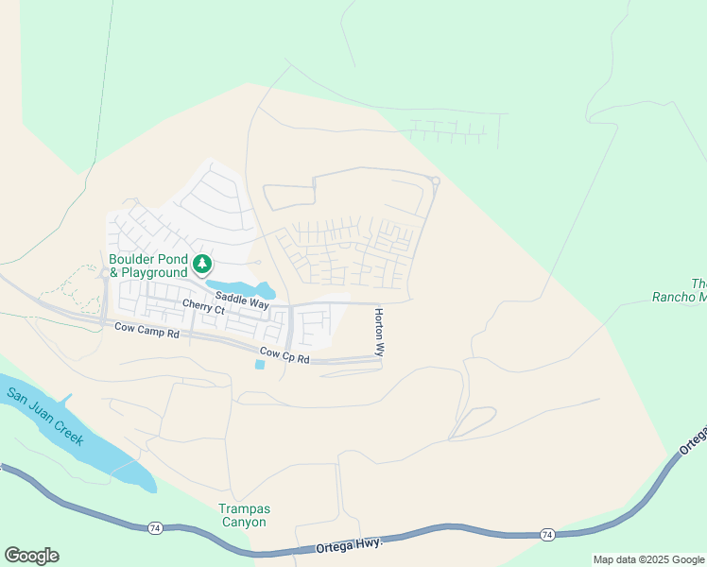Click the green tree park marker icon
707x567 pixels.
pyautogui.click(x=201, y=263)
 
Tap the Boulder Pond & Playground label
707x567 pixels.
pyautogui.click(x=147, y=266)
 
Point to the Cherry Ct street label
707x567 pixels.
pyautogui.click(x=205, y=309)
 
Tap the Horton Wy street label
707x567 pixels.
pyautogui.click(x=379, y=332)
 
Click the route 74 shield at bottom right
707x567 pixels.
pyautogui.click(x=547, y=535)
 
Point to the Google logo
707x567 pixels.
pyautogui.click(x=31, y=556)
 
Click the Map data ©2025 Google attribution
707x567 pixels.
pyautogui.click(x=648, y=559)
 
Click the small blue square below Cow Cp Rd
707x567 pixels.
pyautogui.click(x=260, y=365)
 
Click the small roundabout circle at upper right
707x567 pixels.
pyautogui.click(x=436, y=181)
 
